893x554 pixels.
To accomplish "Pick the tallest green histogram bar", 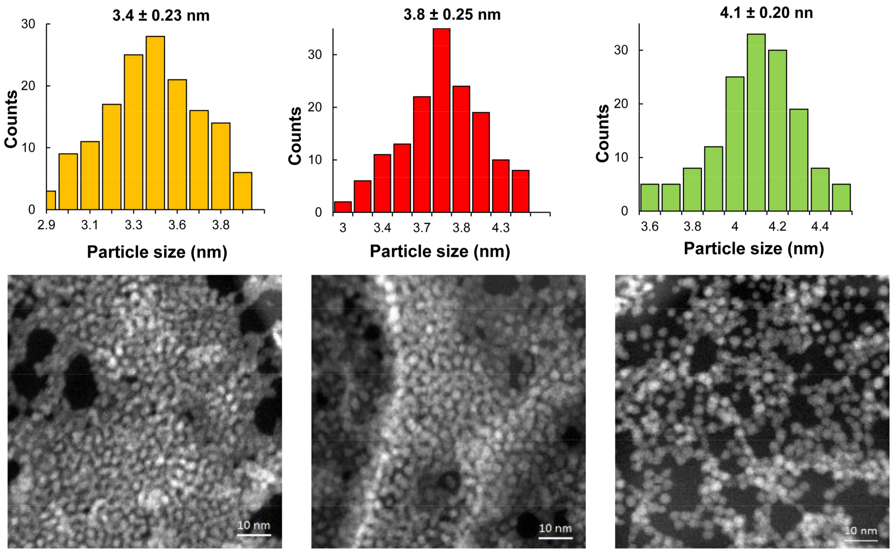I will pyautogui.click(x=756, y=122).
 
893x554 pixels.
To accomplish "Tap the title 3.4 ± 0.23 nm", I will pyautogui.click(x=161, y=16).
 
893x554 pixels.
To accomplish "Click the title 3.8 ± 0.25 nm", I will pyautogui.click(x=452, y=15).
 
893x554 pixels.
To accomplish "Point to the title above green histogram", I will pyautogui.click(x=766, y=13).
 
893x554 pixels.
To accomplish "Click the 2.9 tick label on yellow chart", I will pyautogui.click(x=47, y=225).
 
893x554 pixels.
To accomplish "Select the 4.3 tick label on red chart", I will pyautogui.click(x=500, y=228).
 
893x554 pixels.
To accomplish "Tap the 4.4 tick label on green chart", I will pyautogui.click(x=820, y=226).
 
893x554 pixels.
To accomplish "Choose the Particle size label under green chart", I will pyautogui.click(x=754, y=249).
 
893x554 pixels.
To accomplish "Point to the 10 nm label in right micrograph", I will pyautogui.click(x=861, y=531).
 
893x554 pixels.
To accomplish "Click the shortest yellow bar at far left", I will pyautogui.click(x=51, y=201).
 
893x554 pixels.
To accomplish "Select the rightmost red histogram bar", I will pyautogui.click(x=520, y=191).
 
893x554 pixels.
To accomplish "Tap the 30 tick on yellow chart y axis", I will pyautogui.click(x=28, y=24).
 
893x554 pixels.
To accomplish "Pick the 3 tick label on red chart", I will pyautogui.click(x=343, y=228).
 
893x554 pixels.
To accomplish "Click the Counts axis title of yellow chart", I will pyautogui.click(x=11, y=119).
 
